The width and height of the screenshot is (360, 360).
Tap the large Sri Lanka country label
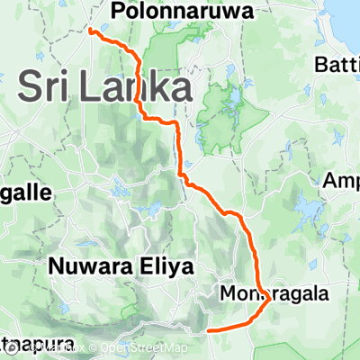pos(105,87)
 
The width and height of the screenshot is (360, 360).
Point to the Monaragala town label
pos(274,293)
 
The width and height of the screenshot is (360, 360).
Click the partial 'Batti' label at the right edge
pos(337,65)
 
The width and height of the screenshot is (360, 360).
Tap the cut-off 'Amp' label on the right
pos(341,181)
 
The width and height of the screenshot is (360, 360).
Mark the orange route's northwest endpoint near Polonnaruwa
pos(91,30)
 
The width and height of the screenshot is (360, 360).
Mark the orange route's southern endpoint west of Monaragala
pos(209,331)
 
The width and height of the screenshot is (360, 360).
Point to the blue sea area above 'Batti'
pos(346,18)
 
